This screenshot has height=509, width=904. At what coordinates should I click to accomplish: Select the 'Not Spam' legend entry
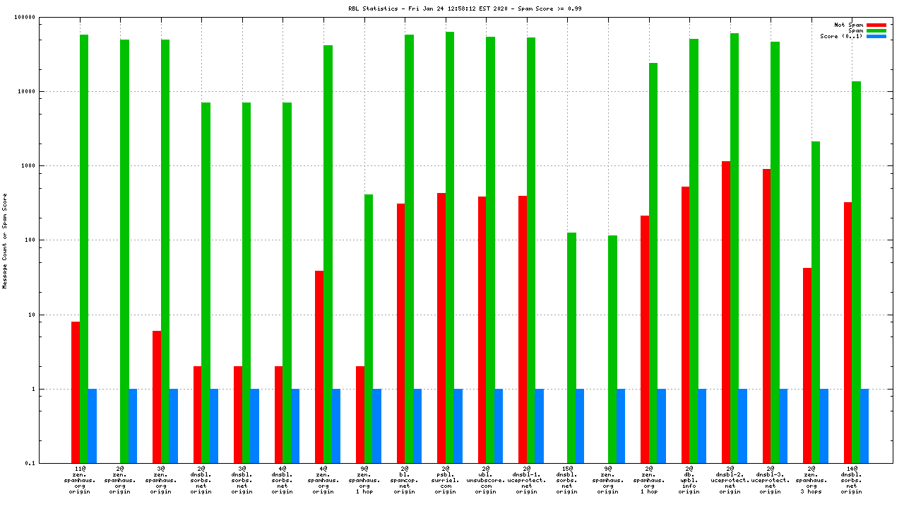pos(848,25)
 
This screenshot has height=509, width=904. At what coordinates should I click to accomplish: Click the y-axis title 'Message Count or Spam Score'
pos(5,240)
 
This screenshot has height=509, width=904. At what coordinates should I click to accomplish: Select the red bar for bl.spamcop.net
pos(400,333)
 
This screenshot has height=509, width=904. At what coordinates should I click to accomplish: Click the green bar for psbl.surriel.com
pos(450,247)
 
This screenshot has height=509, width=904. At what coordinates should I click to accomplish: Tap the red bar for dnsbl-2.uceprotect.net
pos(726,312)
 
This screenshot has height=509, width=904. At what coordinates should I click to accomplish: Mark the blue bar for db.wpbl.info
pos(702,426)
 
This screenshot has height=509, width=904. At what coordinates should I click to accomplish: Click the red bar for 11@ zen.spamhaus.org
pos(76,392)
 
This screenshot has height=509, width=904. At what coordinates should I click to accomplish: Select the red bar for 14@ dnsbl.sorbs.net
pos(847,332)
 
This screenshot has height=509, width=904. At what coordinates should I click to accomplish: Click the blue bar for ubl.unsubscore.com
pos(499,426)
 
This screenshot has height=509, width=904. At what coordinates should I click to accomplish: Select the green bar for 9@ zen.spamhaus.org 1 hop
pos(369,329)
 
